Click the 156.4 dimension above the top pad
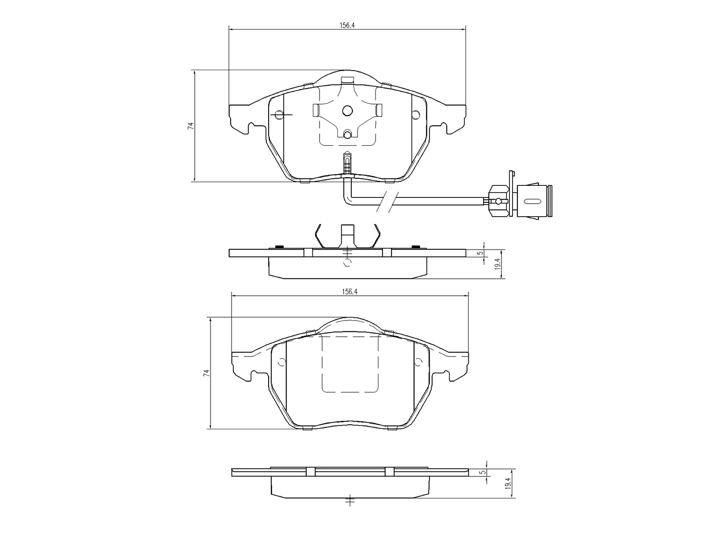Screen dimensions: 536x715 pyautogui.click(x=347, y=25)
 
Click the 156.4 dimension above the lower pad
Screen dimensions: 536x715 pyautogui.click(x=349, y=292)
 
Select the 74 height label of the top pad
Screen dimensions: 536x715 pyautogui.click(x=190, y=126)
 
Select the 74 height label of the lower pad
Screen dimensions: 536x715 pyautogui.click(x=206, y=373)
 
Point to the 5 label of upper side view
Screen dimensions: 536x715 pyautogui.click(x=479, y=253)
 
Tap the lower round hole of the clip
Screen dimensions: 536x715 pyautogui.click(x=347, y=134)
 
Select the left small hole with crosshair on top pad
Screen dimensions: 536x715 pyautogui.click(x=279, y=115)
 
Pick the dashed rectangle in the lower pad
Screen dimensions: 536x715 pyautogui.click(x=350, y=364)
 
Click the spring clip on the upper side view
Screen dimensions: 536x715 pyautogui.click(x=348, y=237)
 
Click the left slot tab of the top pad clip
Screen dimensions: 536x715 pyautogui.click(x=315, y=110)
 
